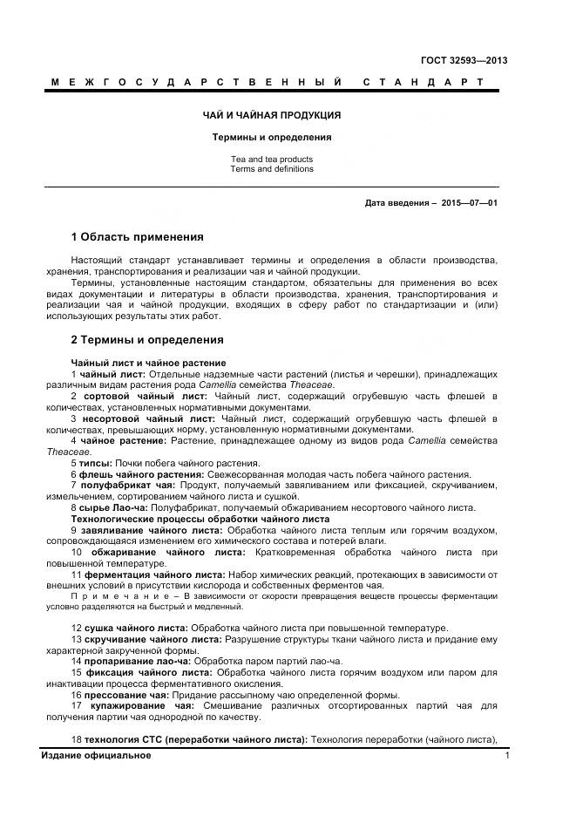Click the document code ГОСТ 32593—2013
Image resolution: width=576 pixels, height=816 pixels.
pyautogui.click(x=464, y=60)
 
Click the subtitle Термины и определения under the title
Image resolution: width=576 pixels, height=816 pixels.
pyautogui.click(x=273, y=138)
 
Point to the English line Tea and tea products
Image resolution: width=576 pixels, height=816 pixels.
pyautogui.click(x=272, y=160)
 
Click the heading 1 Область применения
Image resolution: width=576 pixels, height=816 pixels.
pyautogui.click(x=137, y=237)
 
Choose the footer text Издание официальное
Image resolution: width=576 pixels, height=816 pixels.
pyautogui.click(x=96, y=755)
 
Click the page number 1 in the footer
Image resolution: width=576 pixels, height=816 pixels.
pyautogui.click(x=507, y=755)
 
